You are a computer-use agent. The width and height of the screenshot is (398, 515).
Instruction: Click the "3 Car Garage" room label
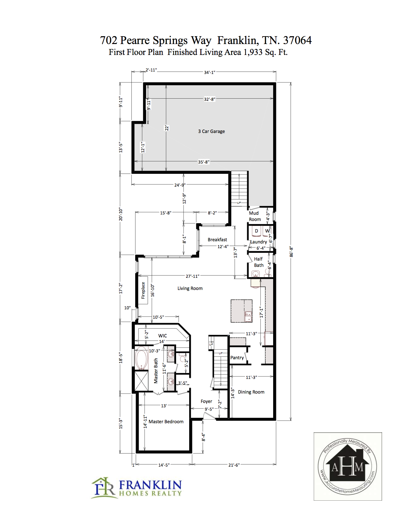(x=211, y=131)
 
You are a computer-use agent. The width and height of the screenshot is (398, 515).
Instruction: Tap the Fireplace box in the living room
(x=143, y=290)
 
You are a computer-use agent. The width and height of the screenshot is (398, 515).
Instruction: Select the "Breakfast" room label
(x=217, y=240)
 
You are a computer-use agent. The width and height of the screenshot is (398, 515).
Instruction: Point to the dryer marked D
(x=256, y=231)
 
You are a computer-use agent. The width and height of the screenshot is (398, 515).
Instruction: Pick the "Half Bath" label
(x=258, y=262)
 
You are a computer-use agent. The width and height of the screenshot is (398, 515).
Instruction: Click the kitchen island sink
(x=248, y=316)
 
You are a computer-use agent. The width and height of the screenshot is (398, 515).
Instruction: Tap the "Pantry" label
(x=237, y=358)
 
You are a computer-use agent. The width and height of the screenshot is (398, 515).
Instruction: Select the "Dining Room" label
(x=251, y=392)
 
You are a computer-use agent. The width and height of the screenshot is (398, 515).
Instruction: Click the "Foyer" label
(x=206, y=401)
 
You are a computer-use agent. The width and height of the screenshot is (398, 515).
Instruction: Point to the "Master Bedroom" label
(x=166, y=422)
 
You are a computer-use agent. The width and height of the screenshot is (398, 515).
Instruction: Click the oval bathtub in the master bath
(x=141, y=358)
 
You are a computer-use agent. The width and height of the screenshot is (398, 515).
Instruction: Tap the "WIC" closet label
(x=163, y=336)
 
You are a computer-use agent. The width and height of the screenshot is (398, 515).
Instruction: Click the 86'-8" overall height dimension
(x=291, y=252)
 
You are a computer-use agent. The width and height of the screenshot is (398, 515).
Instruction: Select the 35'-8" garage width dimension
(x=204, y=162)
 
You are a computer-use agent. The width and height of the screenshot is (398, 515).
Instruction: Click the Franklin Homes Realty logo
(x=136, y=488)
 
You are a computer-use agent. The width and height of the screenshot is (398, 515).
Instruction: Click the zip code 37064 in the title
(x=297, y=40)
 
